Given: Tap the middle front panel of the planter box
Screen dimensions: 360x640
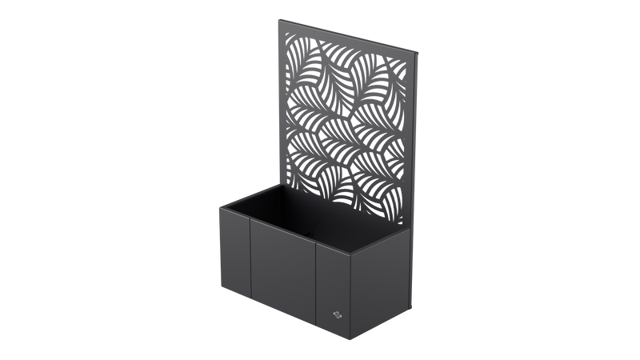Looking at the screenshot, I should pos(283,277).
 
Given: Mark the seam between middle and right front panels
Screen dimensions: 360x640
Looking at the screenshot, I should pos(317,288).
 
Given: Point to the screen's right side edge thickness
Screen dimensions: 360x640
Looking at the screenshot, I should pos(418,160).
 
